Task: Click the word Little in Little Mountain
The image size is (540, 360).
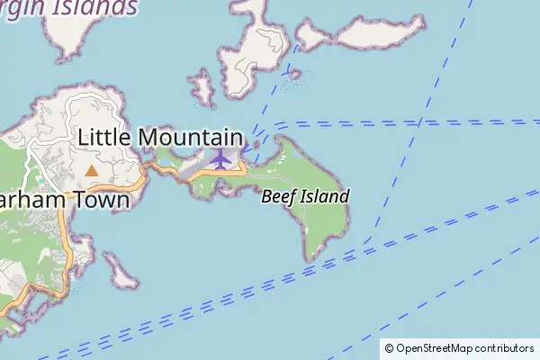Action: click(x=105, y=137)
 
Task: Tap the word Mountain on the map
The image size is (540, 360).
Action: click(x=189, y=137)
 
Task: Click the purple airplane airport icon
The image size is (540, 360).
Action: click(x=220, y=158)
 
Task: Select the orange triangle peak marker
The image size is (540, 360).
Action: click(x=91, y=169)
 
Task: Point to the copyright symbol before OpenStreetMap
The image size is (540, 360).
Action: click(x=389, y=348)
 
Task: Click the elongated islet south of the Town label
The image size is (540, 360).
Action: click(x=121, y=272)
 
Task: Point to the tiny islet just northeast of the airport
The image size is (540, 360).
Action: click(x=256, y=143)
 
